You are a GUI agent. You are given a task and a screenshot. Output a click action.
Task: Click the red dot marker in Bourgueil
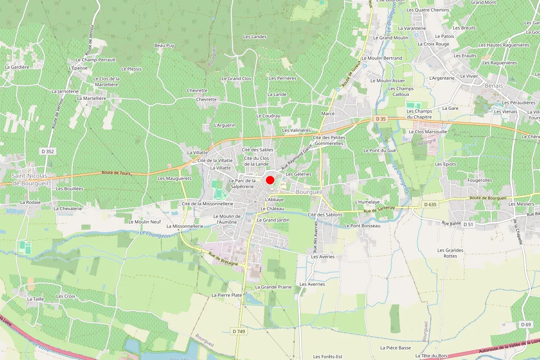coord(270,180)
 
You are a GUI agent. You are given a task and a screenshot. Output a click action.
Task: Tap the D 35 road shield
coord(380,119)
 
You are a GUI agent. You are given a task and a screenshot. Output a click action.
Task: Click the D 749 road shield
coord(239,331)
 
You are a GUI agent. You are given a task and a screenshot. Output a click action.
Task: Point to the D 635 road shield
coord(430,204)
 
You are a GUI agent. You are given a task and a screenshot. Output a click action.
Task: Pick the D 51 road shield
coord(468,224)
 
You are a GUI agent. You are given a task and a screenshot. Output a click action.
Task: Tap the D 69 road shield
coord(526,324)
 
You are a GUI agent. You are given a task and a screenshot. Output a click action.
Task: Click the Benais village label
coord(494,85)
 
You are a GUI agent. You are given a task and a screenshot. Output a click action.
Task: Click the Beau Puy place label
coord(164,45)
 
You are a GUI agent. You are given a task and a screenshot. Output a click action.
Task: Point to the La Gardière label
coord(17,67)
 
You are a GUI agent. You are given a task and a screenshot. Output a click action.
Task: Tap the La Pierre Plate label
coord(227,295)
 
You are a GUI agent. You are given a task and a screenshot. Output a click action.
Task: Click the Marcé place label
coord(328,114)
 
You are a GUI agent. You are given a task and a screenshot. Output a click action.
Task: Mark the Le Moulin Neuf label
coord(144,222)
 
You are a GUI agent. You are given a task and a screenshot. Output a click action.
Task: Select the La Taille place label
coord(35,299)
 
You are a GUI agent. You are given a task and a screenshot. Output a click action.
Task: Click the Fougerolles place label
coord(467,180)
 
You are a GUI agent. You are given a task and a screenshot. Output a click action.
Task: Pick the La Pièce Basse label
coord(396,348)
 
